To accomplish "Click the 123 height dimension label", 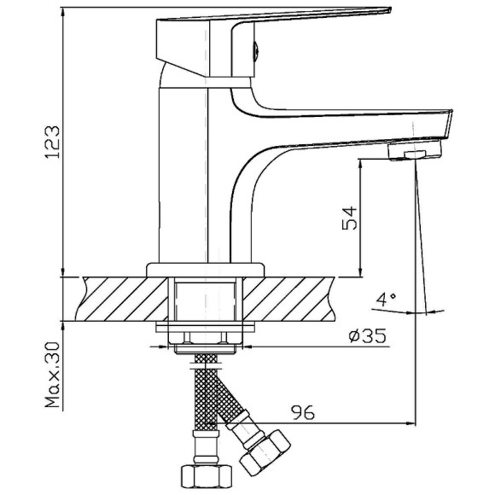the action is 52,142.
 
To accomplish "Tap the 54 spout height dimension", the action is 350,218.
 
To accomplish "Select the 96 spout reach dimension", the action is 303,412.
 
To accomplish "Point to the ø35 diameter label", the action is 367,335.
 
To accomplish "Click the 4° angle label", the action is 386,300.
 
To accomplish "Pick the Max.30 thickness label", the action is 52,375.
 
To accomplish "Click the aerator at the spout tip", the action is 415,150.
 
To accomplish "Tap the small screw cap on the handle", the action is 256,50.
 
